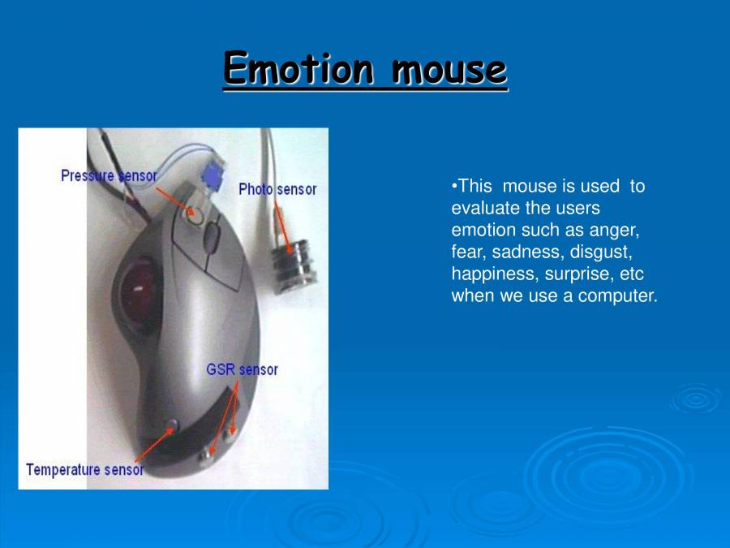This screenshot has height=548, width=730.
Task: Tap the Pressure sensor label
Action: [109, 175]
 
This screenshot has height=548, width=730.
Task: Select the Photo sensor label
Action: [277, 189]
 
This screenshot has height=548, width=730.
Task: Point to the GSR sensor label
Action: [242, 369]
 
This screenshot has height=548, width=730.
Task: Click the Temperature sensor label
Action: [84, 469]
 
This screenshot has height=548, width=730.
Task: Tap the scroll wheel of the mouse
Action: [212, 237]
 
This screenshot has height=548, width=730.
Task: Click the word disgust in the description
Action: [601, 252]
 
